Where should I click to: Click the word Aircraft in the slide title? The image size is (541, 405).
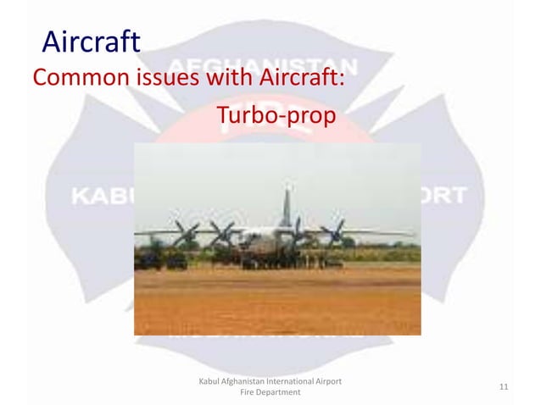point(92,41)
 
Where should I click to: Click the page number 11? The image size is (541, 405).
point(504,387)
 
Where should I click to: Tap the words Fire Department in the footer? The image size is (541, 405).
point(270,394)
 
